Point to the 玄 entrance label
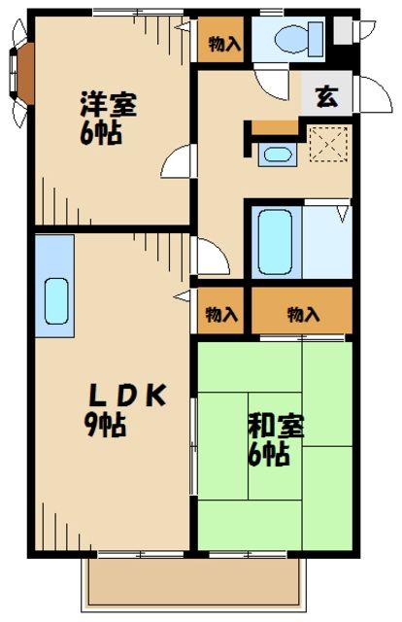(x=325, y=97)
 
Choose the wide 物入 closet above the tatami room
(x=303, y=313)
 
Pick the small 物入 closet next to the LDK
(x=222, y=313)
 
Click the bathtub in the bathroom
(x=276, y=241)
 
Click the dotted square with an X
(x=326, y=146)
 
